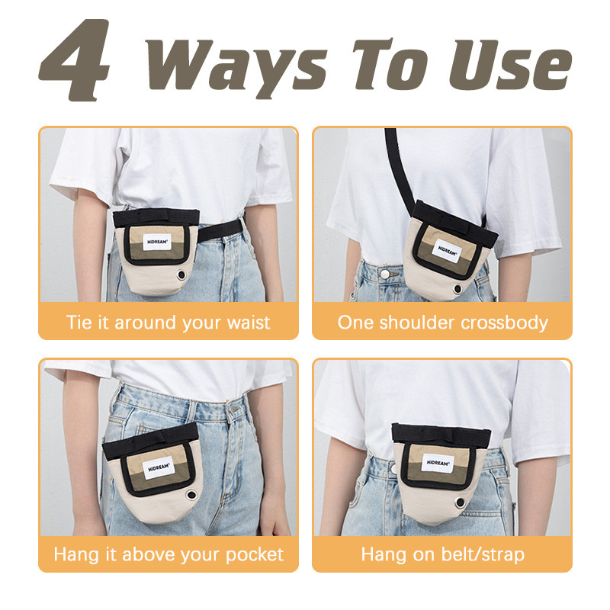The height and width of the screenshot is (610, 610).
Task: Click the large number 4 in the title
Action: [74, 60]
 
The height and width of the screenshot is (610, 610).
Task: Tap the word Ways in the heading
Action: [236, 66]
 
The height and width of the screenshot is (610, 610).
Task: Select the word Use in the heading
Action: [510, 65]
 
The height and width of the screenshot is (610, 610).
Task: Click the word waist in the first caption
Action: [249, 323]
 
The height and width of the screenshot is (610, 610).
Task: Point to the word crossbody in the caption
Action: [505, 323]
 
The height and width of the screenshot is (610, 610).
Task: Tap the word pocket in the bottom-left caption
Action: [255, 554]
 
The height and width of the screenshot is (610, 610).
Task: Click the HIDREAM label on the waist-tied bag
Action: [157, 242]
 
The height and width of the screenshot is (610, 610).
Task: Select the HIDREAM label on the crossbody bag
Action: [447, 251]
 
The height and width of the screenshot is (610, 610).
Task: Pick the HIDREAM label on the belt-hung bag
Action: [438, 463]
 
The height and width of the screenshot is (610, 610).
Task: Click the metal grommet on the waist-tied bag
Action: [181, 275]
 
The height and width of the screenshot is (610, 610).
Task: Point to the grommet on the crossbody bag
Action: [457, 289]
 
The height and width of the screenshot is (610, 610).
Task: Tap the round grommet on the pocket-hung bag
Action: [191, 495]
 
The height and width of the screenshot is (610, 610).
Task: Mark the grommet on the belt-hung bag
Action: [460, 502]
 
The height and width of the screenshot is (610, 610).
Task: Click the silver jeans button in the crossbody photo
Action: [385, 274]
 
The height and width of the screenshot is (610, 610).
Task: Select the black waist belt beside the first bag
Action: [220, 230]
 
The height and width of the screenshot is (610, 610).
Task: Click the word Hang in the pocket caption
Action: [75, 555]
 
